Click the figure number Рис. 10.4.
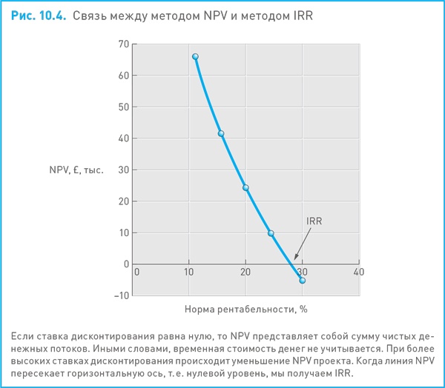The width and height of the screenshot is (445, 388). point(39,15)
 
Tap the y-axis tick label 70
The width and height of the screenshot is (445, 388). point(123,44)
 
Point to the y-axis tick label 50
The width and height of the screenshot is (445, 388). point(123,107)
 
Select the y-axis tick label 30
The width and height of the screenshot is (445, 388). point(123,170)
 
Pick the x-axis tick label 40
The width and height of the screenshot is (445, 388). point(359,272)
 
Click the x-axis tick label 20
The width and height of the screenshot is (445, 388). point(245,272)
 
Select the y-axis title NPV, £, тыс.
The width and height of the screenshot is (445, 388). point(77,170)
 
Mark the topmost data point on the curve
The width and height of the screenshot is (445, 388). point(195,57)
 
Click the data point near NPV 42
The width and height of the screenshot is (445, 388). point(220,134)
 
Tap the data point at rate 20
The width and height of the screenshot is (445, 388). point(245,188)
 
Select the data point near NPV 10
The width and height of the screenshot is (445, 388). point(271,233)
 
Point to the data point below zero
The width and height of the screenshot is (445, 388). point(302,281)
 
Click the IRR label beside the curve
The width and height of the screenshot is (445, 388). point(314,221)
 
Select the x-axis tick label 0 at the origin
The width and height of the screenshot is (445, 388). point(136,272)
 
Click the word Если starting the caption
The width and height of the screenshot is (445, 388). point(25,337)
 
